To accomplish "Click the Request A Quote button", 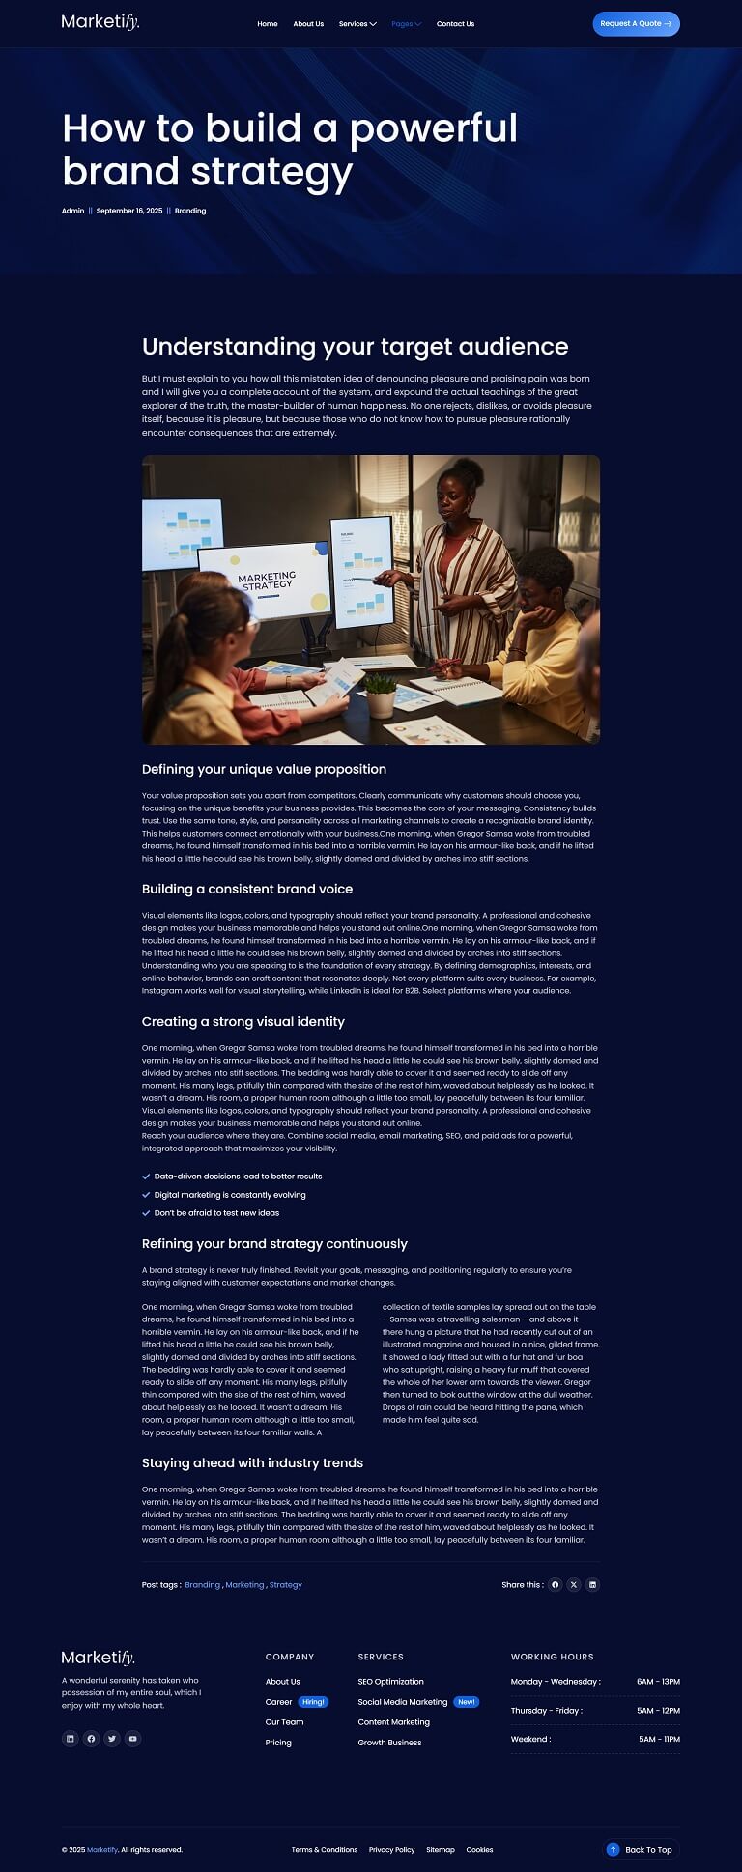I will (x=636, y=24).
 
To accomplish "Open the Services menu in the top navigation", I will (x=357, y=24).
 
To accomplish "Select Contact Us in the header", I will (x=455, y=24).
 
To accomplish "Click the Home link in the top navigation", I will (x=268, y=24).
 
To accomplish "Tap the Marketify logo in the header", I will (x=100, y=22).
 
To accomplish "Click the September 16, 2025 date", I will (x=129, y=211).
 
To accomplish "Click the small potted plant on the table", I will (x=381, y=695).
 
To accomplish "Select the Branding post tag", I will (x=203, y=1585).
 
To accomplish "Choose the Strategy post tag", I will (x=286, y=1585).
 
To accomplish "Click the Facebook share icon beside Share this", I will (x=556, y=1585).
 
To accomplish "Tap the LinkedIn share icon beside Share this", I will (x=592, y=1585).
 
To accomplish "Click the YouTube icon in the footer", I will (x=133, y=1739).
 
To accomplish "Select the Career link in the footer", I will (x=278, y=1702).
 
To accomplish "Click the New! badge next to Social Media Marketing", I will (x=467, y=1702).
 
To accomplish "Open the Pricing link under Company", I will (x=278, y=1743).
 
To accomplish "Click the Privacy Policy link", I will (x=391, y=1850).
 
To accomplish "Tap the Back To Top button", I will (x=641, y=1850).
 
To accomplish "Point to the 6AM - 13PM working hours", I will (x=658, y=1682).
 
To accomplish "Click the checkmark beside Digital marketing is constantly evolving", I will (x=146, y=1195).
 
